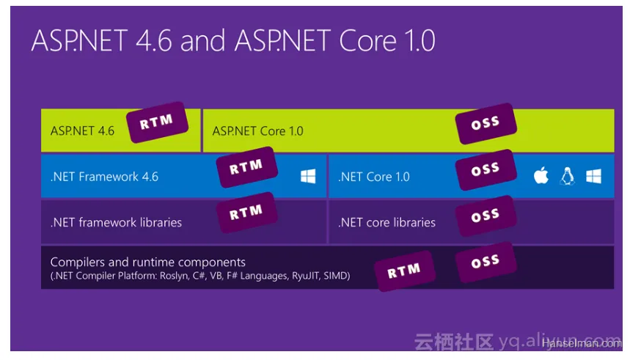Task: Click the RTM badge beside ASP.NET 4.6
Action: [158, 122]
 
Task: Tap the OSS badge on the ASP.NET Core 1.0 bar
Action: [486, 123]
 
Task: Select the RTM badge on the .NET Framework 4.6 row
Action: [246, 167]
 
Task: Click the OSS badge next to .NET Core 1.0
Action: [486, 169]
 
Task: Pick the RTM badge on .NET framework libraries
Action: [246, 213]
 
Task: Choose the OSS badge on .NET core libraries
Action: [486, 216]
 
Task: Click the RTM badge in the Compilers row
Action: [405, 271]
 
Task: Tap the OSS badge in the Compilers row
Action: [486, 262]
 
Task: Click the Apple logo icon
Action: [541, 175]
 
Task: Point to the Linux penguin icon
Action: [568, 176]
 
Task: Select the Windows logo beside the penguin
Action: [593, 176]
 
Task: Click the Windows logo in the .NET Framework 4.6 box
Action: [308, 176]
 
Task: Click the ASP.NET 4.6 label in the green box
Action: [82, 131]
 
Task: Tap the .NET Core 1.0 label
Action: [373, 177]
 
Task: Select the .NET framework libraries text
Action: [116, 222]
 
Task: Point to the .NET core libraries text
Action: [387, 222]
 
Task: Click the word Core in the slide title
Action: [367, 41]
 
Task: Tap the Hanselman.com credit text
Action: [582, 343]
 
